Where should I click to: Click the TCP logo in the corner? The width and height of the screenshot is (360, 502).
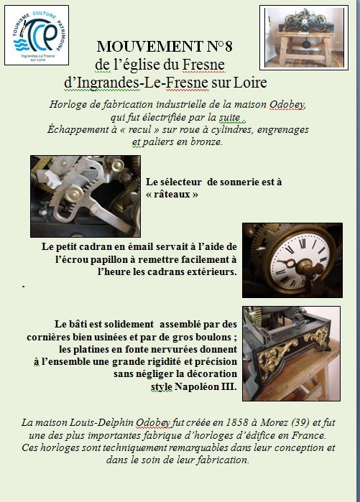tap(37, 35)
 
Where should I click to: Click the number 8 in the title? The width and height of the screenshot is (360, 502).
tap(228, 47)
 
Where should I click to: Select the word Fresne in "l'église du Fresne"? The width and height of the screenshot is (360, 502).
tap(203, 65)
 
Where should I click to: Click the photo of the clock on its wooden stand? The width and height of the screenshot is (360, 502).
tap(304, 37)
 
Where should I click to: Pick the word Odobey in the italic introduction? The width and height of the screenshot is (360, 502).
tap(287, 104)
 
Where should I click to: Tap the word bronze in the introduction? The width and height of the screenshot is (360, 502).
tap(206, 141)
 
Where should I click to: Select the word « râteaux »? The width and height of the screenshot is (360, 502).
tap(172, 195)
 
